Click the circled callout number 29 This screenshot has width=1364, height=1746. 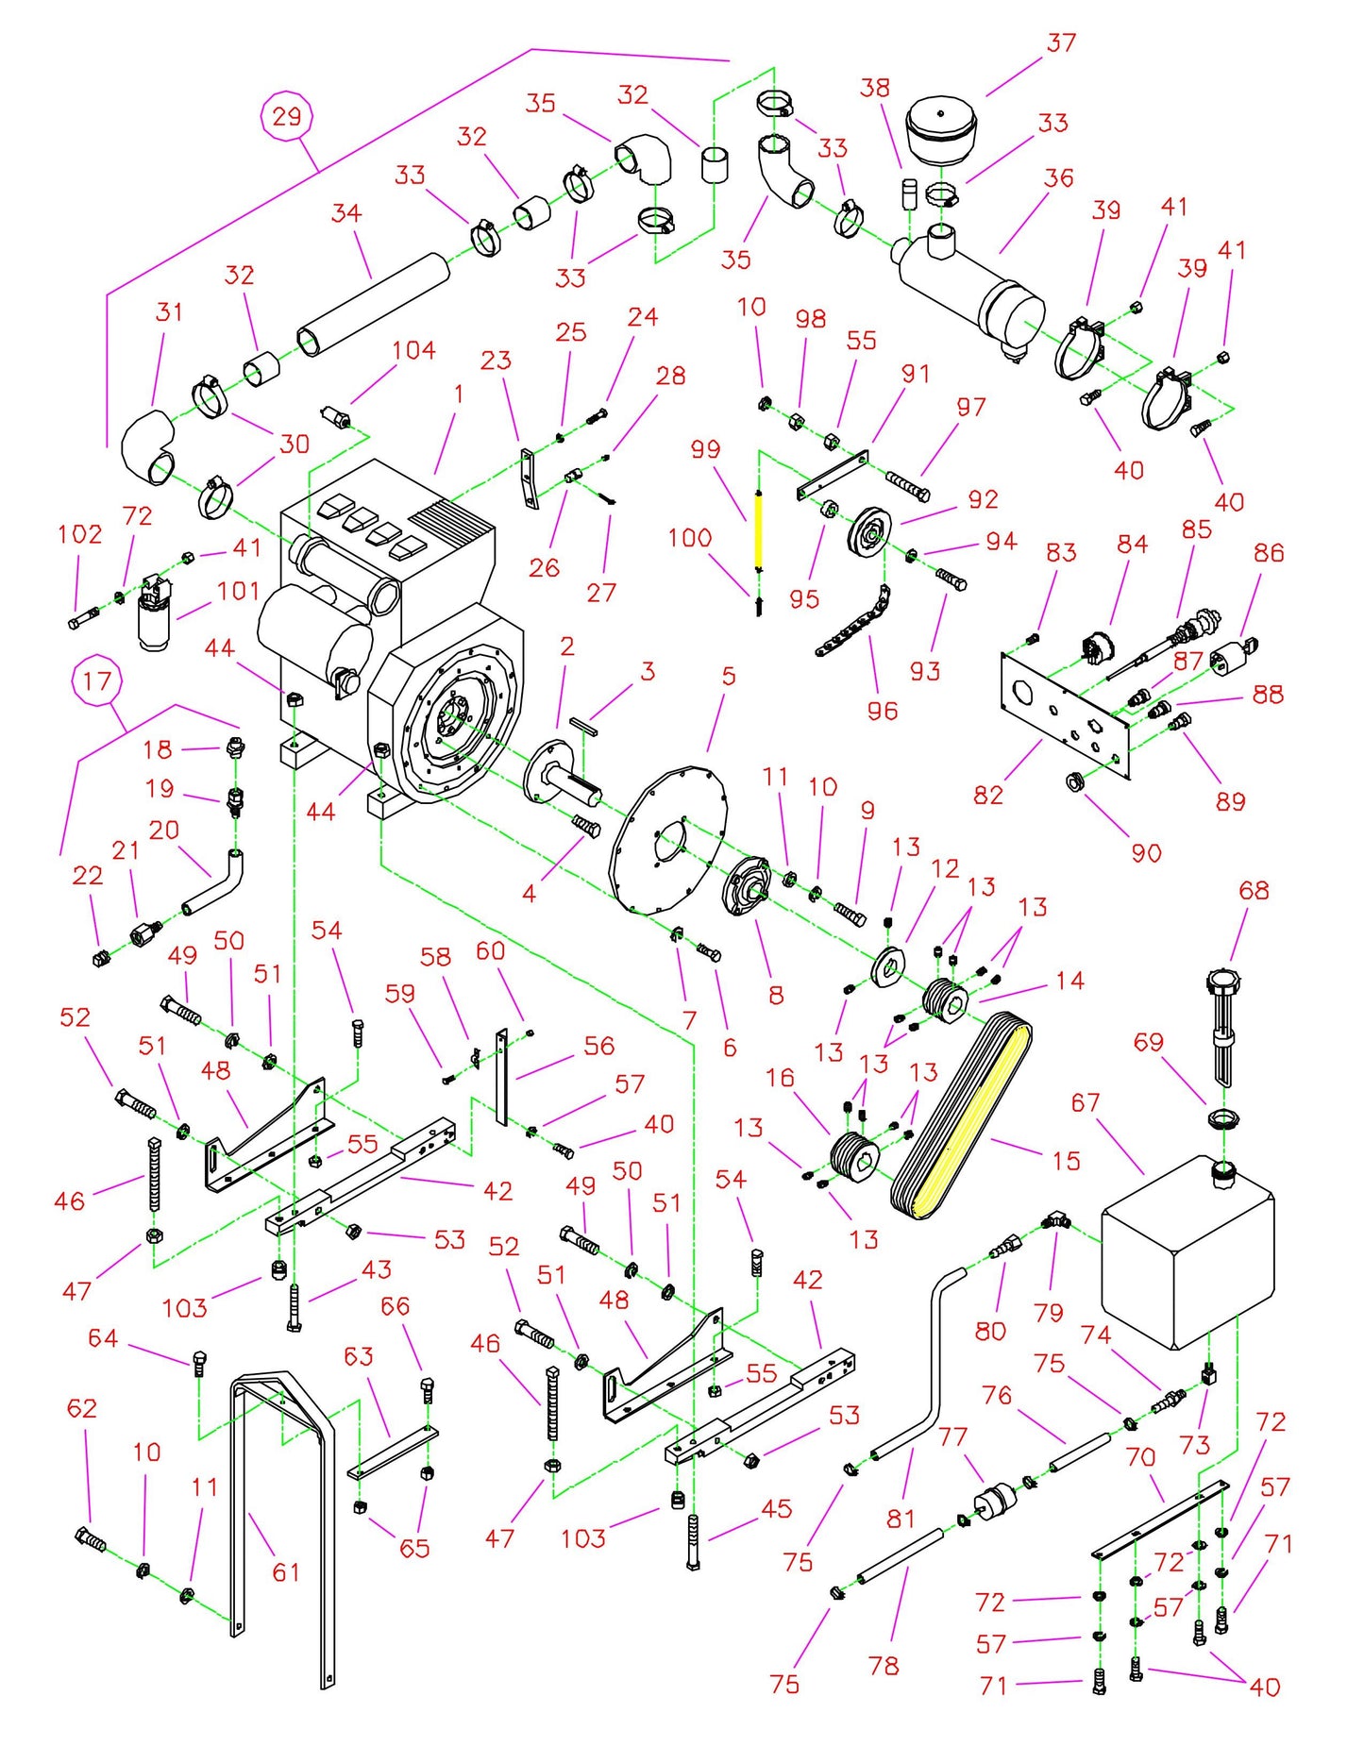click(x=287, y=116)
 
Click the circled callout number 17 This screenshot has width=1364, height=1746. click(x=97, y=681)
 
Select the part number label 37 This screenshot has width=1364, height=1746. click(x=1061, y=43)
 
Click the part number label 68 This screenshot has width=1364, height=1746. click(x=1254, y=890)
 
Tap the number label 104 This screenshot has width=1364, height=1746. click(x=413, y=350)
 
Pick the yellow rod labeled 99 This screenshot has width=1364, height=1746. click(x=757, y=529)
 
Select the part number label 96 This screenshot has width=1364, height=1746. click(x=882, y=711)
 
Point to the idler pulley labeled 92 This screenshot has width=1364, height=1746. click(x=869, y=533)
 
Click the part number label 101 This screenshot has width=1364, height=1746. click(x=238, y=592)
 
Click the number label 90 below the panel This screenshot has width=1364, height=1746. click(x=1146, y=853)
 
